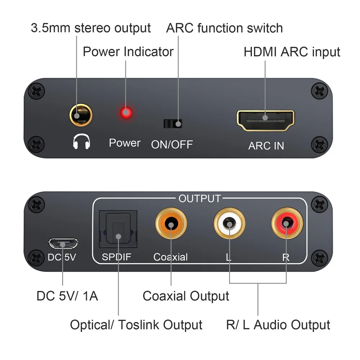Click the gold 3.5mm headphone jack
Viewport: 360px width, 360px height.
pos(81,116)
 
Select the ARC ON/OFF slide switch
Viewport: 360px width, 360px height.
pos(173,123)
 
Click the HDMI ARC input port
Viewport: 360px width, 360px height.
pos(265,121)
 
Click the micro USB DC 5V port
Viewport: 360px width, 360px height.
pos(63,244)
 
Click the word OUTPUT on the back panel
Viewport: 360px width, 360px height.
pos(199,198)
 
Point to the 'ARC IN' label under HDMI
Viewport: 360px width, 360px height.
pos(266,146)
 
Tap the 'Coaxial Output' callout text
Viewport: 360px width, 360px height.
pos(186,296)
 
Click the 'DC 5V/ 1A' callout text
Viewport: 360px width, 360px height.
pos(67,296)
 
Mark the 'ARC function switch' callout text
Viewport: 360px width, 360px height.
pos(224,28)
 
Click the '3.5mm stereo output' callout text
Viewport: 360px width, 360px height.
pos(91,28)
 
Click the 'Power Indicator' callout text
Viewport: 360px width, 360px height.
pos(128,52)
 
